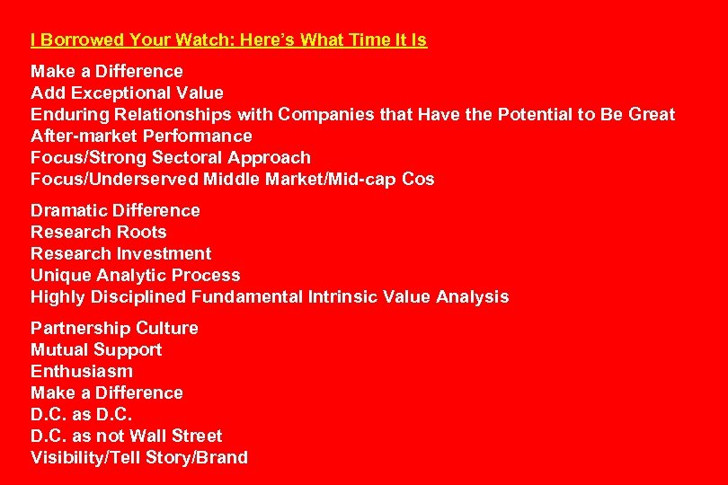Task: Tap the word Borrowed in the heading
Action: (81, 40)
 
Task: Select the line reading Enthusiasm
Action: (82, 371)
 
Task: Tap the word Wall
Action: (147, 436)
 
